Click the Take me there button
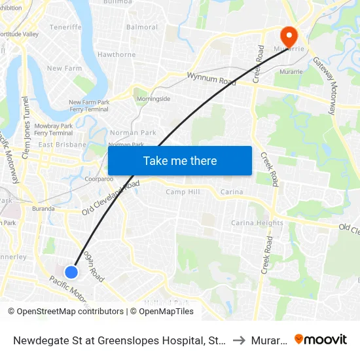[180, 160]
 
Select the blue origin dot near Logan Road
[71, 272]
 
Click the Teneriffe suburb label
[65, 27]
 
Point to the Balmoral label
[142, 27]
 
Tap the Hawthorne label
[117, 54]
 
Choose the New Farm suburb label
[63, 68]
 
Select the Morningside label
[153, 99]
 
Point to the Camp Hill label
[183, 192]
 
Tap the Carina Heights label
[257, 223]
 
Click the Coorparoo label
[99, 178]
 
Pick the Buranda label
[43, 209]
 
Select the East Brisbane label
[62, 144]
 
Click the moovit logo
[321, 339]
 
